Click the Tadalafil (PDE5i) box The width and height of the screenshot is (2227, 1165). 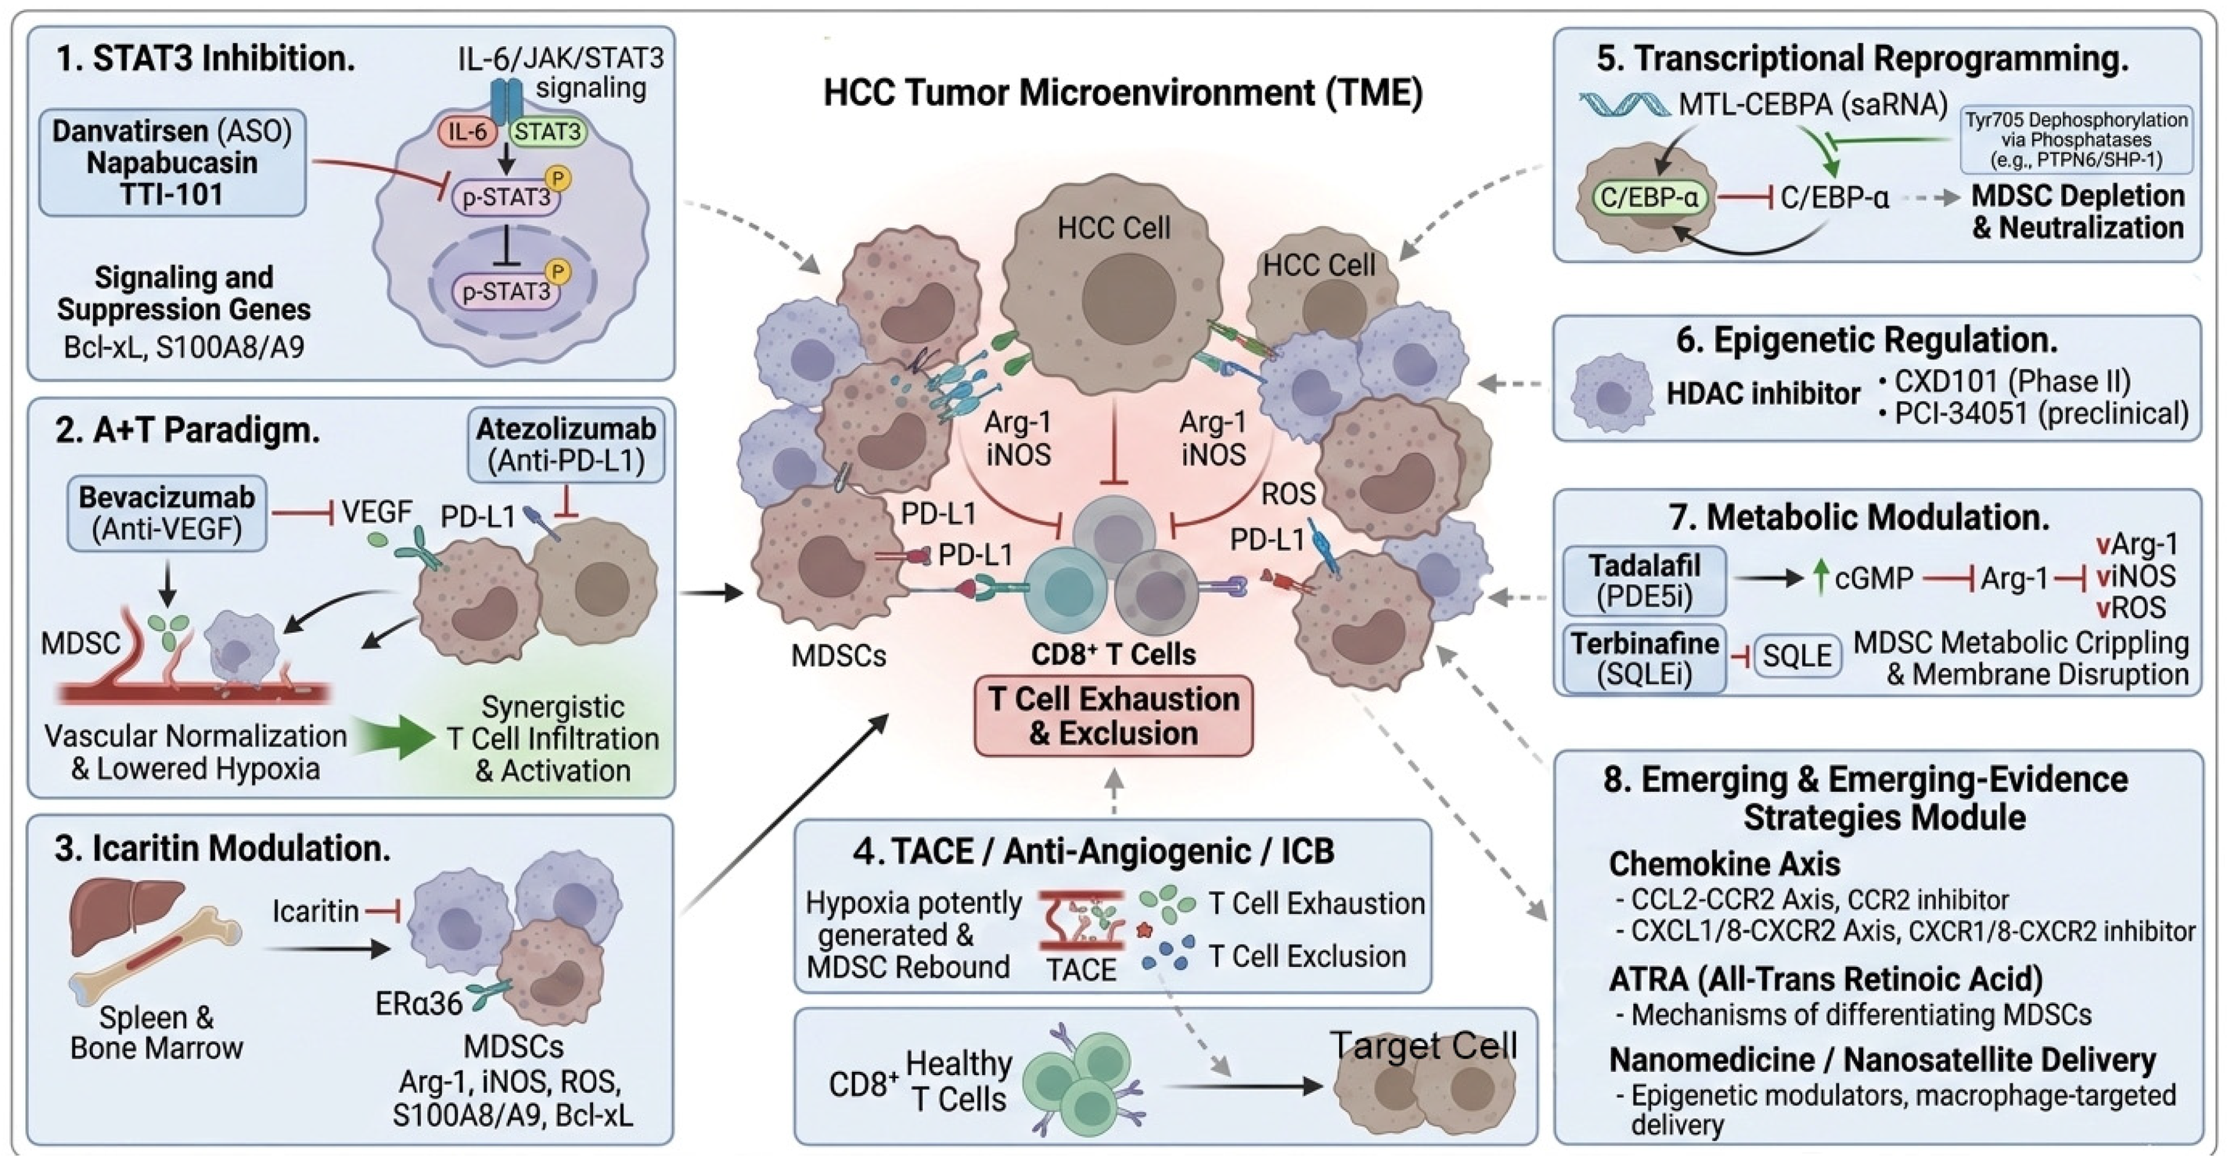(x=1644, y=580)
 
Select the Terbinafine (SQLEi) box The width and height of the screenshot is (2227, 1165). (x=1644, y=658)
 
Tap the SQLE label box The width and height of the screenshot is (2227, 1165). (x=1797, y=656)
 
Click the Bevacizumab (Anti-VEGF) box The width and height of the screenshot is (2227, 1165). (x=167, y=513)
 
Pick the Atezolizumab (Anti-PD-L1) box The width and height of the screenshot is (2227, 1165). (x=567, y=445)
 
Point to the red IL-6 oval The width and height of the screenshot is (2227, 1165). (x=468, y=132)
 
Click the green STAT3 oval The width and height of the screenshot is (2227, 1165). (x=548, y=132)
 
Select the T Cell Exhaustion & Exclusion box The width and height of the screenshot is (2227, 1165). (x=1113, y=716)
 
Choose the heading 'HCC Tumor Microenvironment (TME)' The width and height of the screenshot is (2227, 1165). (x=1122, y=92)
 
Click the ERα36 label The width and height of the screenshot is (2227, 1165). (x=419, y=1003)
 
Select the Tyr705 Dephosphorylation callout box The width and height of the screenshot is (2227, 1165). (x=2076, y=140)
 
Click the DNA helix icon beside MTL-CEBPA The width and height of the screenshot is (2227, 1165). (x=1625, y=106)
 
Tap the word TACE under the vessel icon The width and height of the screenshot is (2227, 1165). (x=1081, y=969)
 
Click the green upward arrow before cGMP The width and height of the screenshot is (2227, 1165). (x=1821, y=577)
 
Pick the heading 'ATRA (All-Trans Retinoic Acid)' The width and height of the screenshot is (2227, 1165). (x=1825, y=980)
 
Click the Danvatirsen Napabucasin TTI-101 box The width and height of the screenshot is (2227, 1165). (x=172, y=163)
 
